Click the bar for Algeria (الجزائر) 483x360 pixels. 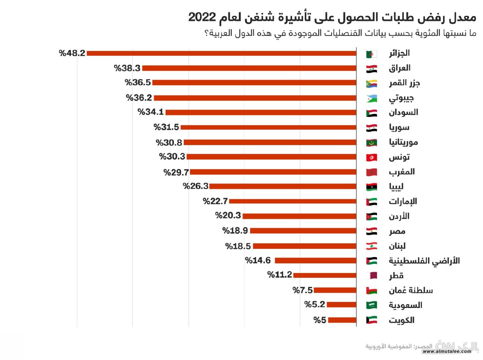tap(222, 53)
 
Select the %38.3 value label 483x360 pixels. tap(127, 68)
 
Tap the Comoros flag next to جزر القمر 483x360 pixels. tap(371, 83)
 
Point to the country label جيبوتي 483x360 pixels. tap(401, 98)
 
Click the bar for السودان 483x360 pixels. tap(261, 112)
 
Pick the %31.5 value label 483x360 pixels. tap(166, 127)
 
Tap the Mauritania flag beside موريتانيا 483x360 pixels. tap(371, 142)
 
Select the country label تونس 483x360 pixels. tap(399, 157)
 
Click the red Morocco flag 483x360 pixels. tap(371, 172)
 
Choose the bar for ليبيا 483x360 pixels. tap(283, 186)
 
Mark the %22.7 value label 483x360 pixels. tap(215, 201)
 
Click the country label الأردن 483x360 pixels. tap(399, 216)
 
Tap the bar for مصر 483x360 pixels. tap(303, 231)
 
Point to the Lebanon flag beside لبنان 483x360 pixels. tap(371, 246)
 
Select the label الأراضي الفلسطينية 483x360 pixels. tap(424, 261)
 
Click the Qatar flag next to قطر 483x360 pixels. tap(371, 276)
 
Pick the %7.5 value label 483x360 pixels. tap(303, 290)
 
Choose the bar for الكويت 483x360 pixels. tap(342, 320)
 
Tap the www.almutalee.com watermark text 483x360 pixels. tap(447, 352)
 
